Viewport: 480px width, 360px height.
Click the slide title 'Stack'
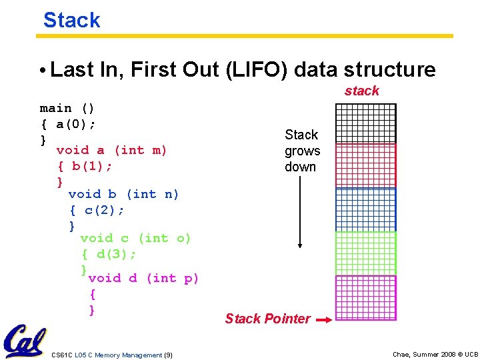(71, 20)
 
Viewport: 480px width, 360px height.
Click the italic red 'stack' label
(361, 91)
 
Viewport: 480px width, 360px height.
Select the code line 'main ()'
(67, 108)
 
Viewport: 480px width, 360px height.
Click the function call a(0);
(76, 124)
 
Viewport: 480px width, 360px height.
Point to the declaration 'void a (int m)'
(112, 150)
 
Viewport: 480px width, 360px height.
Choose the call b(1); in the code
(93, 165)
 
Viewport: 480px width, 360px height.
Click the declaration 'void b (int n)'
(124, 194)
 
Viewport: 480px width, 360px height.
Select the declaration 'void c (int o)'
(135, 238)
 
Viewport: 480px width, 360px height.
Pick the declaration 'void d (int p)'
(143, 278)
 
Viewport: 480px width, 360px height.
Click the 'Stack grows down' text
(302, 151)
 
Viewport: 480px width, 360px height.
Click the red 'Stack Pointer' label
(267, 319)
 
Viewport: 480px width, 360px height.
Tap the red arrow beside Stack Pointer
(323, 320)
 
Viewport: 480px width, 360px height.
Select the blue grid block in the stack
(365, 209)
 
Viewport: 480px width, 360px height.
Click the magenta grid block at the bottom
(365, 297)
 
